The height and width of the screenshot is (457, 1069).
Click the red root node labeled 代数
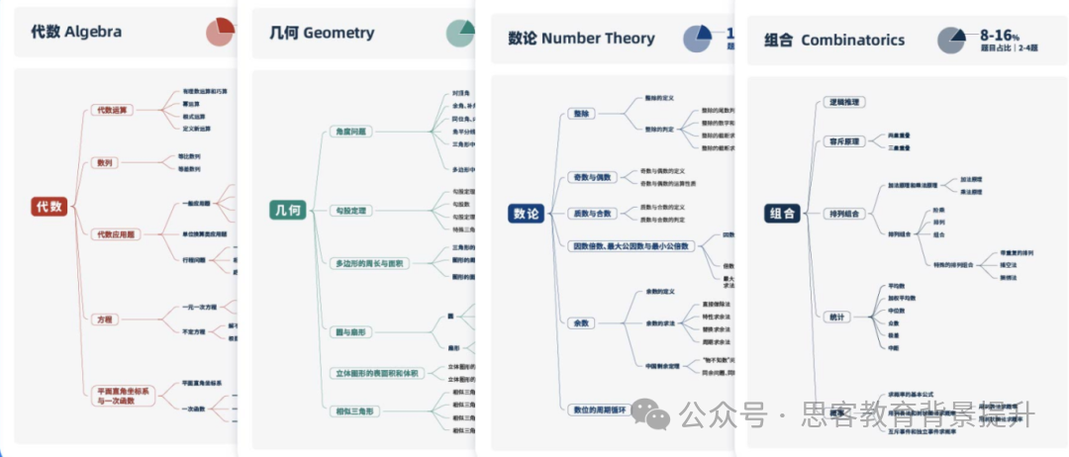tap(49, 206)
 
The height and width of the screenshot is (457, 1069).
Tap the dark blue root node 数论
tap(526, 213)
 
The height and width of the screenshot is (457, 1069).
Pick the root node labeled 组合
tap(782, 214)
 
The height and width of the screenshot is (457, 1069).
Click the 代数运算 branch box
tap(110, 110)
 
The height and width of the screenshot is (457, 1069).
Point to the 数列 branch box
tap(103, 162)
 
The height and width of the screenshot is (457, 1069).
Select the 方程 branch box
tap(103, 320)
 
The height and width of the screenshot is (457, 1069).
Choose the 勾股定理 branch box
tap(351, 211)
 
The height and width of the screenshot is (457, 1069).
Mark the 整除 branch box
tap(581, 114)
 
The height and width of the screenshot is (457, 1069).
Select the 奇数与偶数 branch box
tap(592, 177)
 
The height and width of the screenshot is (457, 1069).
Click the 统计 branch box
tap(836, 317)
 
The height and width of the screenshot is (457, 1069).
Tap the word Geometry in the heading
tap(339, 33)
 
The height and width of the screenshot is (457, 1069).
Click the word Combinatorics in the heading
tap(852, 41)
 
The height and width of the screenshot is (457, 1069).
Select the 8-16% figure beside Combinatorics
tap(1000, 35)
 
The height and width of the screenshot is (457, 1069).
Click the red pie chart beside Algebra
tap(220, 32)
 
